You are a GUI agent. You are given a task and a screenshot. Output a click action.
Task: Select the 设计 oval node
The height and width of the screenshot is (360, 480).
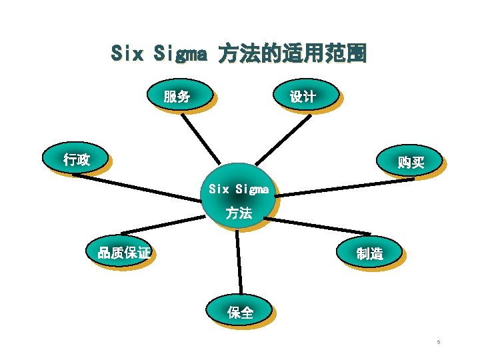point(303,97)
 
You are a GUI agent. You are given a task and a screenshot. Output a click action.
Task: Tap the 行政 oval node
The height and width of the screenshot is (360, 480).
point(76,159)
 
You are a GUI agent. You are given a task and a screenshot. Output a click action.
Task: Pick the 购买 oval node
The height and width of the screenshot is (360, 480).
point(409,162)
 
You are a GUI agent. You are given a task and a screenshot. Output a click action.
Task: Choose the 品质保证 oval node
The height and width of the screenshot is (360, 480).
point(123,253)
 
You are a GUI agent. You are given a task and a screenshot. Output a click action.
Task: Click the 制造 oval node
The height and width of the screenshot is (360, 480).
point(369,253)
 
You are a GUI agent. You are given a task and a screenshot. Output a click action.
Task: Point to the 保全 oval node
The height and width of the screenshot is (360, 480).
point(240,312)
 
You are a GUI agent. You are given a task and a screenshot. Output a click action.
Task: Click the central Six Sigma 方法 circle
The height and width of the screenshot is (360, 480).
point(238,197)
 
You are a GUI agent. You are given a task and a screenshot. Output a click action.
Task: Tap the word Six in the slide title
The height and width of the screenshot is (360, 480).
point(127,53)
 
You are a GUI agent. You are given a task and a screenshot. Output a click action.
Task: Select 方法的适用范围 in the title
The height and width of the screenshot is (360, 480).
point(293,53)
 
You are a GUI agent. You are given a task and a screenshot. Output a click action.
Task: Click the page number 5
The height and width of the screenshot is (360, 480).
point(438,343)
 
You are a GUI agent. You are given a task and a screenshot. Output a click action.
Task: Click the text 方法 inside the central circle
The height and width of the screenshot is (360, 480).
point(238,213)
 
